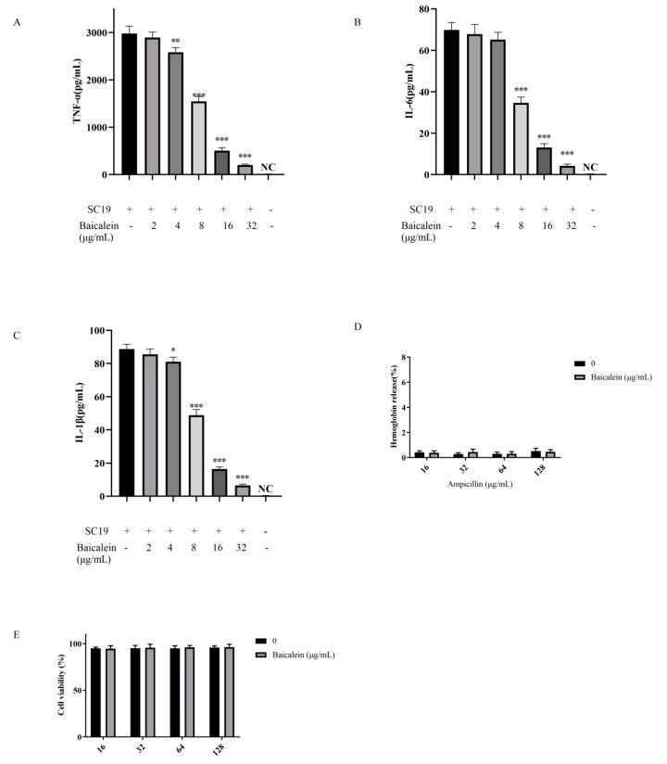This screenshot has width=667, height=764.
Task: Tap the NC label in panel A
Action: (268, 167)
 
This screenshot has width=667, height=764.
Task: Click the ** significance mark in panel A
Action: (175, 42)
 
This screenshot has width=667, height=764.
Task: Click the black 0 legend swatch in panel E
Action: (260, 641)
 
